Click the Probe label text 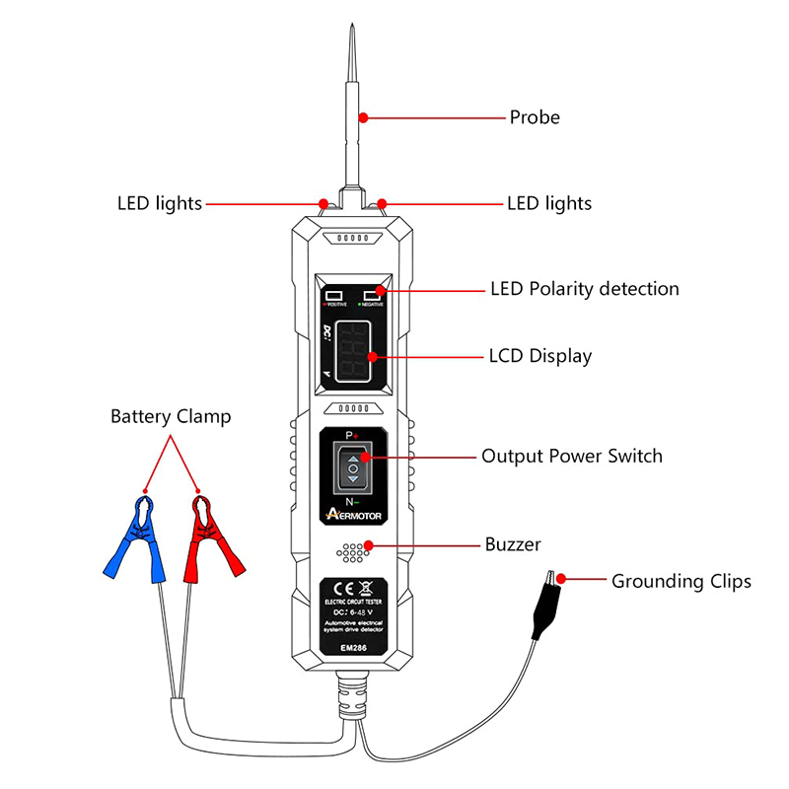[x=534, y=117]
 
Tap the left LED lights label [x=159, y=204]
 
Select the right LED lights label [x=548, y=204]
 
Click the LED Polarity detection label [x=585, y=289]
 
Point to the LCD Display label [x=540, y=356]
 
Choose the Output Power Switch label [x=572, y=457]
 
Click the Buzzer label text [x=513, y=543]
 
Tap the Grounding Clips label [x=681, y=581]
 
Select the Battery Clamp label [x=171, y=416]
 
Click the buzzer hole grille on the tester [x=352, y=552]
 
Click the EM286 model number [x=352, y=647]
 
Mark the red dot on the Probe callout [x=363, y=118]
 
